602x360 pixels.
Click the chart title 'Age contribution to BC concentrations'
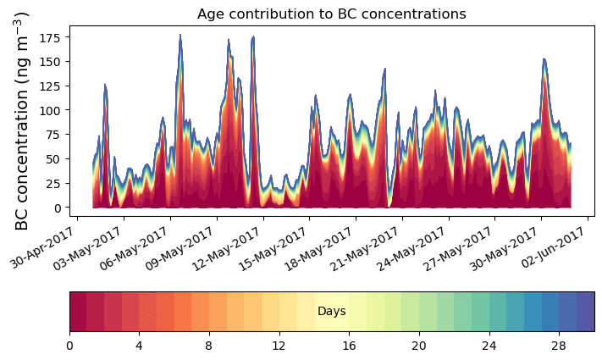pos(331,14)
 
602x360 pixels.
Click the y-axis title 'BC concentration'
pos(23,120)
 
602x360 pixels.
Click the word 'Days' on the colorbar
pos(331,312)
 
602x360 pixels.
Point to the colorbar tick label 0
pos(69,346)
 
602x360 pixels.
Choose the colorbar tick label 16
pos(349,346)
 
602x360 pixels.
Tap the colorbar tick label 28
pos(559,346)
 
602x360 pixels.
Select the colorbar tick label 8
pos(209,346)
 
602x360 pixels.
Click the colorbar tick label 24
pos(489,346)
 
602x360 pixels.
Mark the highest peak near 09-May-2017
pos(180,36)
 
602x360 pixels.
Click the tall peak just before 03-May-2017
pos(105,85)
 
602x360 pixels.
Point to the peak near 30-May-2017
pos(544,59)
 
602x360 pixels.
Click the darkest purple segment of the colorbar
pos(585,311)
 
